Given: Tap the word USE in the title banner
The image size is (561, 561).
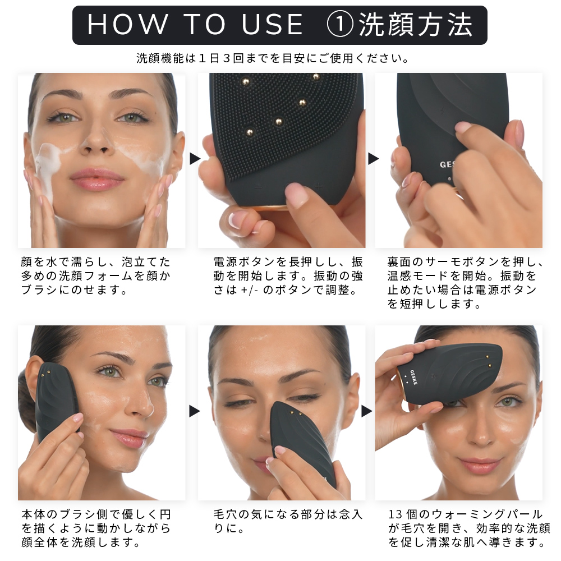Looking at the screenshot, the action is (273, 25).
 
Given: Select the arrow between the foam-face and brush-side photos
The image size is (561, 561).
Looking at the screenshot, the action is (195, 159).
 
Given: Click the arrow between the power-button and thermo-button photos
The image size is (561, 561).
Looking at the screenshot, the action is (373, 159).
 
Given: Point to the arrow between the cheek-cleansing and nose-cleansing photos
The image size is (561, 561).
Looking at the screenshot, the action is (195, 411).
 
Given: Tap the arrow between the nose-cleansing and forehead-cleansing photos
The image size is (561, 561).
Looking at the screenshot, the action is (367, 411).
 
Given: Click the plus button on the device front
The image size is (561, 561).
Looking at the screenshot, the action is (318, 186).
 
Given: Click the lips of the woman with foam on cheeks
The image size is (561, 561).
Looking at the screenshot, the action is (97, 178).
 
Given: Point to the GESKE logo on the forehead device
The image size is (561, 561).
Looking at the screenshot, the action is (413, 377).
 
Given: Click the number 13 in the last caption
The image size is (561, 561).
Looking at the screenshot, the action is (396, 514).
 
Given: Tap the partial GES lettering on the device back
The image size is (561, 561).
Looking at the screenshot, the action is (448, 164).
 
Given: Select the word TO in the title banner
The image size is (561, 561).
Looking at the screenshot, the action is (205, 25).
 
